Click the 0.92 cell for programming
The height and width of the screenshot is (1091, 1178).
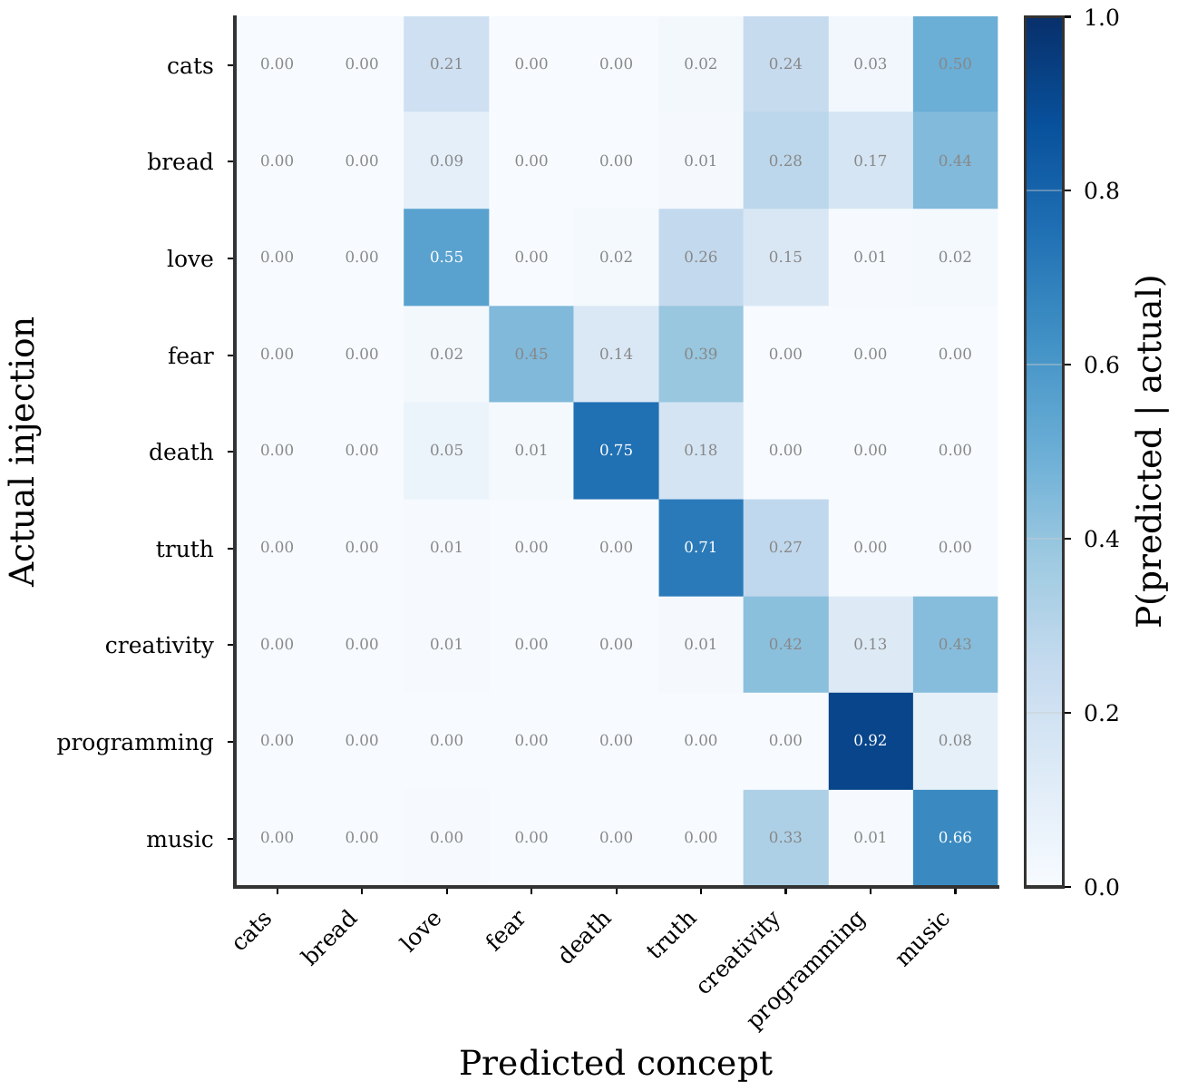[870, 741]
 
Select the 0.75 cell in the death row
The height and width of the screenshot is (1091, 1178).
[616, 451]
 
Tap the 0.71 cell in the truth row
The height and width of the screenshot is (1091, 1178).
[700, 548]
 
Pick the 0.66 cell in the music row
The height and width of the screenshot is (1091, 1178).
[954, 838]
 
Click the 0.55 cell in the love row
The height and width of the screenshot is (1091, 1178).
[446, 258]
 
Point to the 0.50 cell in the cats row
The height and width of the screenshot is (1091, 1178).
[954, 64]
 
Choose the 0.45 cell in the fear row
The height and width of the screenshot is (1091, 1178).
[531, 355]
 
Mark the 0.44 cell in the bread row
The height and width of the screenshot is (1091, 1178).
[954, 161]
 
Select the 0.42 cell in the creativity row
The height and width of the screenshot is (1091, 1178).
[785, 645]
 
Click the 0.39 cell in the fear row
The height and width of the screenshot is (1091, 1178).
[700, 355]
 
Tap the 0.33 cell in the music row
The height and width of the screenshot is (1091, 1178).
[785, 838]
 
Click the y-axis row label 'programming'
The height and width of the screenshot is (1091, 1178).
[135, 743]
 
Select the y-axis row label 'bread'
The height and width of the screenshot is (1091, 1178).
[180, 162]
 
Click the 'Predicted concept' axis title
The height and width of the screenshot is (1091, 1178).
[616, 1063]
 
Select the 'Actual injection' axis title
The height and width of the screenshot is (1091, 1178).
[24, 451]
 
